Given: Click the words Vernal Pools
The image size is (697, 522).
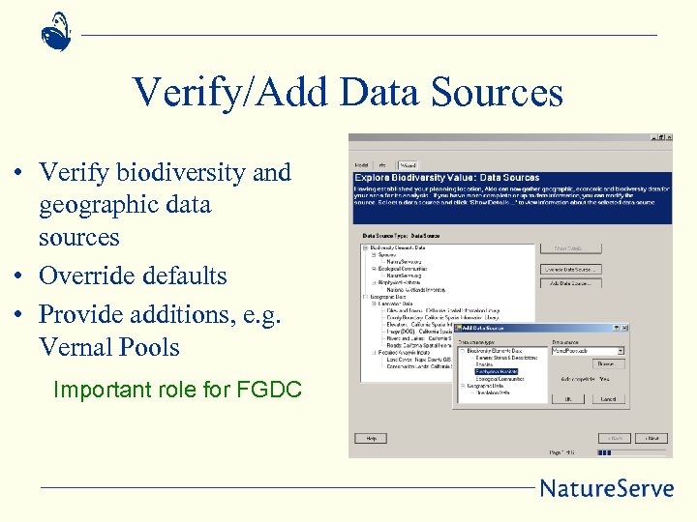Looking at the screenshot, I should point(109,347).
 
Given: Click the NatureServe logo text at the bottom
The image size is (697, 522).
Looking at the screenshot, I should point(606,487).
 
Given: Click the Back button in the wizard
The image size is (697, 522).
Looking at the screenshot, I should point(613,438).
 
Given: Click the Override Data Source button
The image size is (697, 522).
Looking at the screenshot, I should point(571,269).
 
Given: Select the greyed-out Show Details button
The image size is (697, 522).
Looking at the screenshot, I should point(571,248).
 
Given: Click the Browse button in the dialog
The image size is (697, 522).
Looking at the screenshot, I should point(605,363).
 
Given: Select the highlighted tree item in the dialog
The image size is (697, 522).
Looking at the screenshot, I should point(499,372).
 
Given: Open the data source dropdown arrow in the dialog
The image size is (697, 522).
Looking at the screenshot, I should point(620,351).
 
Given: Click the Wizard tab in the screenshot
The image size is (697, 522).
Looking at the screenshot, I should point(408,165).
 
